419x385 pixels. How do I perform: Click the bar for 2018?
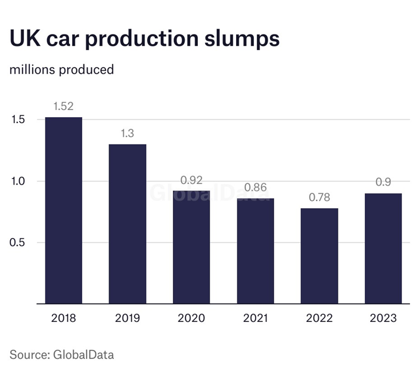point(64,210)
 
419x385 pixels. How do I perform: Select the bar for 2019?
point(128,224)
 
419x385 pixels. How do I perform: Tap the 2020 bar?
point(191,247)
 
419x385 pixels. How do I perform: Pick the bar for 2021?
point(255,251)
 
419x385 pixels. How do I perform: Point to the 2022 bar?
point(319,256)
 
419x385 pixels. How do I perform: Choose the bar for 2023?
point(383,248)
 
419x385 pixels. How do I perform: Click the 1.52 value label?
point(64,107)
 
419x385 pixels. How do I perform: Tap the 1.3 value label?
point(128,133)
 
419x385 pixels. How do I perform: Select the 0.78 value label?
point(319,198)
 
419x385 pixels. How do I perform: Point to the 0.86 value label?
point(255,187)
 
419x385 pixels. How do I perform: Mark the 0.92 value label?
point(191,180)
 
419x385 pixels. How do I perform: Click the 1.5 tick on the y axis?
point(18,120)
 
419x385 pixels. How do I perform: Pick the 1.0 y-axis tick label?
point(18,181)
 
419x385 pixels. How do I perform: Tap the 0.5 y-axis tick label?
point(18,243)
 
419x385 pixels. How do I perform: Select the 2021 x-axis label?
point(255,318)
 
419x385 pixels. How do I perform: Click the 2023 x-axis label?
point(383,318)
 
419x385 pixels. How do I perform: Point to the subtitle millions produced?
point(61,70)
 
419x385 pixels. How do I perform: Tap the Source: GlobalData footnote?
point(61,355)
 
